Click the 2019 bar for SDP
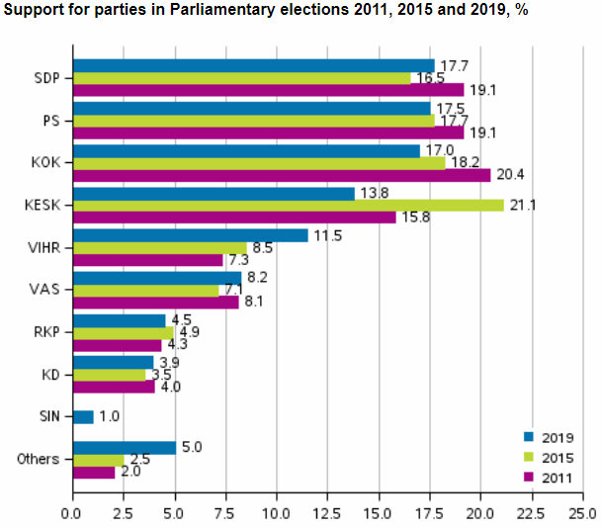coord(253,66)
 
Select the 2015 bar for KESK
coord(288,206)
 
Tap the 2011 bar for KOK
coord(281,175)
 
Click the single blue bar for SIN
coord(82,417)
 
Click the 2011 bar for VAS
coord(154,303)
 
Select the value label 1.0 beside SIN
coord(109,417)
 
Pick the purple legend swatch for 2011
coord(529,478)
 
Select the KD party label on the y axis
coord(47,375)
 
